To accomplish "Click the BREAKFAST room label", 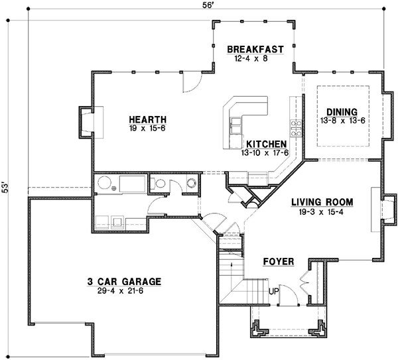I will tap(255, 49).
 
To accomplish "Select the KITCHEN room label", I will tap(266, 144).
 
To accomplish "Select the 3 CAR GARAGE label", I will tap(125, 280).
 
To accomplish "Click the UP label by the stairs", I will tap(273, 290).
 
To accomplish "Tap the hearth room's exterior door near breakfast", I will tap(189, 82).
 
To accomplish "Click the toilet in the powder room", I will tap(190, 183).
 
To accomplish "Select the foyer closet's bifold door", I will tap(306, 280).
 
